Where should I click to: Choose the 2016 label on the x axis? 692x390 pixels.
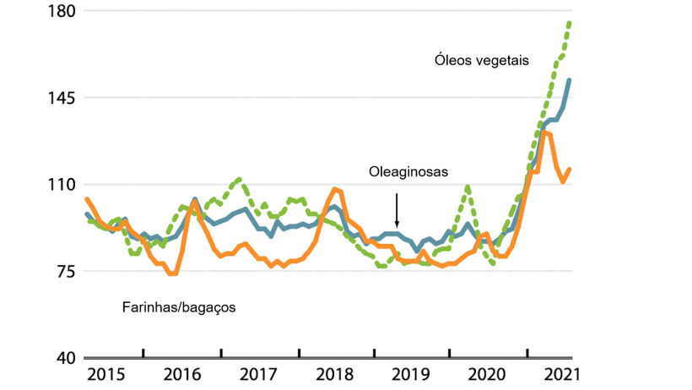[x=181, y=373]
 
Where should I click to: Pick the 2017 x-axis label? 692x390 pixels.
[x=259, y=373]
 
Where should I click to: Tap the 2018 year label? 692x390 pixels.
[x=336, y=373]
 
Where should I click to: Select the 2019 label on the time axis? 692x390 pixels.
[x=413, y=373]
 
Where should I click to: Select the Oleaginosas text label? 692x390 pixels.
[x=408, y=172]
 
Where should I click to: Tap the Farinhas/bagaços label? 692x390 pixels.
[x=179, y=307]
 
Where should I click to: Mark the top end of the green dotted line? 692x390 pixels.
[x=570, y=22]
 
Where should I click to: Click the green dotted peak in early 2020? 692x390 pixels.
[x=468, y=186]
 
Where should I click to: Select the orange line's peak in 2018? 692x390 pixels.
[x=335, y=189]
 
